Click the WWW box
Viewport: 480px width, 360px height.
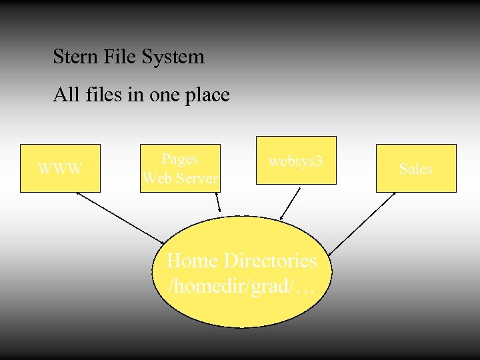click(60, 168)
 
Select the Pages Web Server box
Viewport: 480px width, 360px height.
click(180, 168)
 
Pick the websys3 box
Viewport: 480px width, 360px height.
click(296, 161)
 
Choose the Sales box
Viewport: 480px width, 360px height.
click(416, 169)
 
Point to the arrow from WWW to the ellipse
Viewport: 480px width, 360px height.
click(120, 217)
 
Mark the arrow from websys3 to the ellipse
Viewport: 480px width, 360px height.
click(291, 203)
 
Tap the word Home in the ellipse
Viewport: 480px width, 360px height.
click(193, 259)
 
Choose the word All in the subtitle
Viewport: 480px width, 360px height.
click(66, 95)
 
